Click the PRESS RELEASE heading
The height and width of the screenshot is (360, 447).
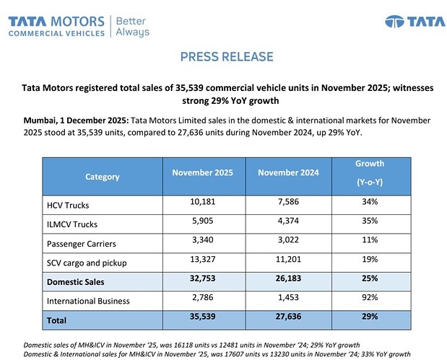click(226, 56)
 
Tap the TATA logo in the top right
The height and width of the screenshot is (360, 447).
click(405, 21)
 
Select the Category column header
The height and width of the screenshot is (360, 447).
click(102, 177)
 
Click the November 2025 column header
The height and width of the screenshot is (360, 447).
click(204, 172)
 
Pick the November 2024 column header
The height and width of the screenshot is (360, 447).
click(289, 172)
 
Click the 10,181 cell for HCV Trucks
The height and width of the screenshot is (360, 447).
click(204, 203)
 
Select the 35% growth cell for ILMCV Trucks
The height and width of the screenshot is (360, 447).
click(370, 222)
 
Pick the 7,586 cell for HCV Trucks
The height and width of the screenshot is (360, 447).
click(289, 203)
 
